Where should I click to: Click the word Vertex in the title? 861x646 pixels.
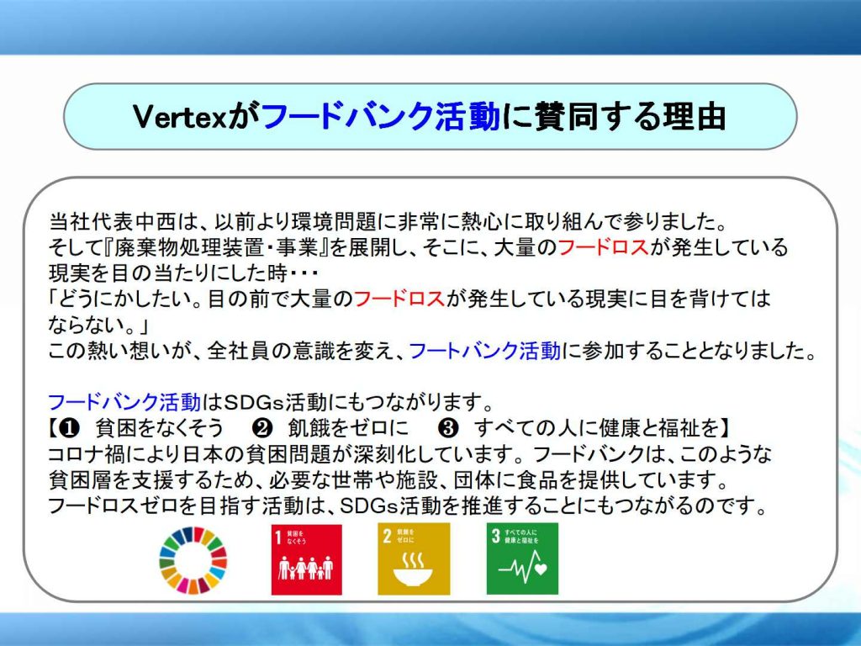[180, 116]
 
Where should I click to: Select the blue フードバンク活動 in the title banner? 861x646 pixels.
[381, 116]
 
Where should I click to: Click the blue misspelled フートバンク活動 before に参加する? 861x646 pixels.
[485, 351]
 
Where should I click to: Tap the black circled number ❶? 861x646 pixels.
[69, 428]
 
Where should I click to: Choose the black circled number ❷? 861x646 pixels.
[262, 428]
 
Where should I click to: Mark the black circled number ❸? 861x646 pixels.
[449, 428]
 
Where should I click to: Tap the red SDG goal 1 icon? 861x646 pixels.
[306, 559]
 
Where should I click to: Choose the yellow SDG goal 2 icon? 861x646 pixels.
[414, 559]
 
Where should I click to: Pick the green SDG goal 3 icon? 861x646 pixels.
[522, 559]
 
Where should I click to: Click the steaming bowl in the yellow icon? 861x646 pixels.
[413, 570]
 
